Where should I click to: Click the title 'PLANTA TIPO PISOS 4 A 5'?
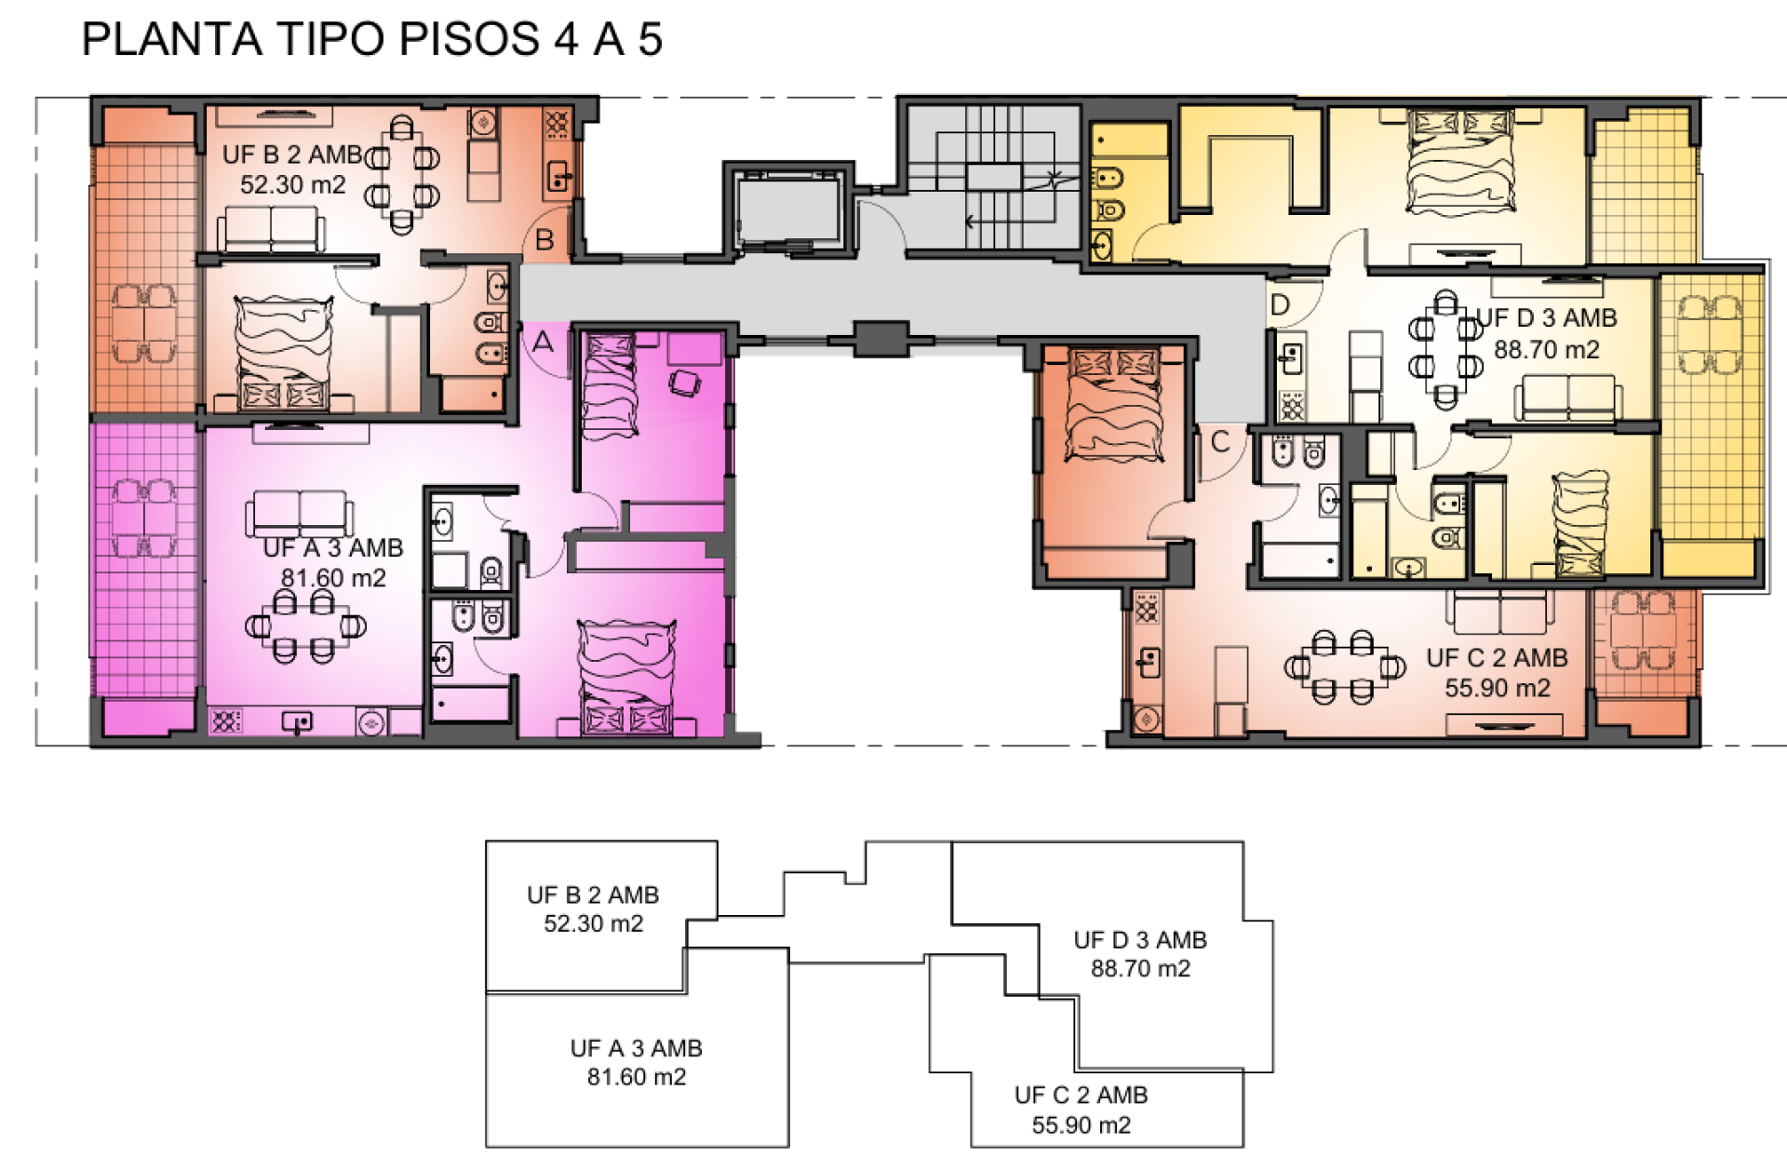click(371, 39)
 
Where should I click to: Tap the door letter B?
click(544, 240)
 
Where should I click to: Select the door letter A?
click(543, 342)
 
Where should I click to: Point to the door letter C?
click(1220, 441)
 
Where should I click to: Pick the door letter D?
click(1280, 305)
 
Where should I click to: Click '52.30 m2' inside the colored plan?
click(292, 184)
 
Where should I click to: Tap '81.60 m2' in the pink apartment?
click(333, 578)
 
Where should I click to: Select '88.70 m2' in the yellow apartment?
click(1547, 350)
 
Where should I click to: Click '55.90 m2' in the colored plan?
click(1498, 688)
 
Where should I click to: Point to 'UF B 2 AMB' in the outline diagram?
click(593, 894)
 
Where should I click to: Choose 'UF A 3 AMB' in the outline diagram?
click(637, 1048)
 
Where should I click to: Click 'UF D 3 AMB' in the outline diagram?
click(1140, 940)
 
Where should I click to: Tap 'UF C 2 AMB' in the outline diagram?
click(1082, 1095)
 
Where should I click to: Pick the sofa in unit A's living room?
click(300, 514)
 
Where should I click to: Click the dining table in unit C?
click(1343, 667)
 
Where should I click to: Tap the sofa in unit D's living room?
click(1568, 398)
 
